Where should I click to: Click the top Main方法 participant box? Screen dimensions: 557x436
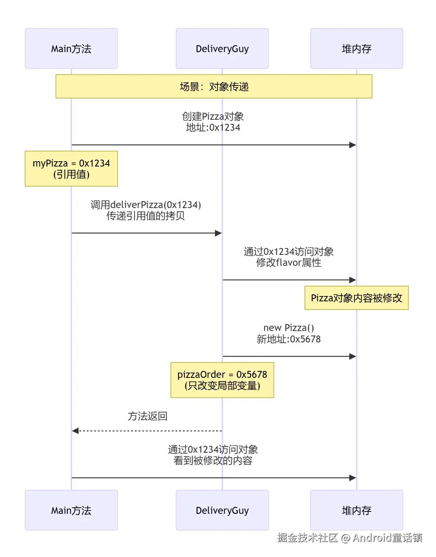tap(71, 48)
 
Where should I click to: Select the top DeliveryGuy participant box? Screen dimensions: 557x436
tap(222, 48)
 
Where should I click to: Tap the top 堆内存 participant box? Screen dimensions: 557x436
tap(356, 48)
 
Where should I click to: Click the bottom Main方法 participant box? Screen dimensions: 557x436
tap(71, 510)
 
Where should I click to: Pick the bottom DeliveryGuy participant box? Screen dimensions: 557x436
tap(222, 510)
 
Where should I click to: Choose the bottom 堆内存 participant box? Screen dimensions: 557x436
tap(356, 510)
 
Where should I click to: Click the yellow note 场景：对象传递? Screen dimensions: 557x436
tap(214, 86)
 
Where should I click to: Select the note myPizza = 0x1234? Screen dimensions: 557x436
tap(71, 169)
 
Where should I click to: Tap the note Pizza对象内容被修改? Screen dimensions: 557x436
tap(356, 298)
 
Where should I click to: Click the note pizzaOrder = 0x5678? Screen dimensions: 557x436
tap(222, 380)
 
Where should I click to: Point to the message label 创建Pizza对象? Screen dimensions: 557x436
tap(213, 116)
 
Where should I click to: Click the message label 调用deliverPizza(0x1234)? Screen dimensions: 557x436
tap(146, 205)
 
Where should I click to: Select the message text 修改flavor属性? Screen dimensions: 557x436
tap(289, 263)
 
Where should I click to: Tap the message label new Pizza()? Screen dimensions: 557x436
tap(289, 328)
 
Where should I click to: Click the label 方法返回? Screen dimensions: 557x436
tap(147, 416)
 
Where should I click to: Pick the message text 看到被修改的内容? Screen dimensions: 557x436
tap(213, 461)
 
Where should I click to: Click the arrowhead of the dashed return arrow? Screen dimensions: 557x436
tap(75, 431)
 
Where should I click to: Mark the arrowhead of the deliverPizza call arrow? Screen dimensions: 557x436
tap(219, 233)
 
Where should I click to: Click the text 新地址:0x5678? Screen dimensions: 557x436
tap(289, 339)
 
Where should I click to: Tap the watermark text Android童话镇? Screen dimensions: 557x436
tap(387, 538)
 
